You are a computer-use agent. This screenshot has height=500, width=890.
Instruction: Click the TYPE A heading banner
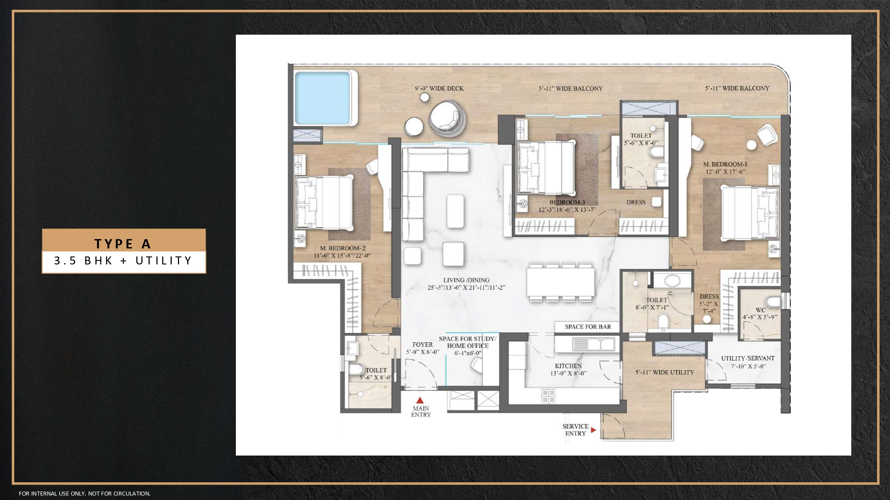[123, 243]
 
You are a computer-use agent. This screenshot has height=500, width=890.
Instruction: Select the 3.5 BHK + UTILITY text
[123, 261]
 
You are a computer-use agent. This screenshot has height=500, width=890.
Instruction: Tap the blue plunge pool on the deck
[323, 97]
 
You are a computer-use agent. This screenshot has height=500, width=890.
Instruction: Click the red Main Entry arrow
[420, 400]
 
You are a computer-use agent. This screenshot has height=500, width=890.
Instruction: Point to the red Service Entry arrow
[593, 430]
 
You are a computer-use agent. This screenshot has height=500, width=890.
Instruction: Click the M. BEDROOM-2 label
[342, 248]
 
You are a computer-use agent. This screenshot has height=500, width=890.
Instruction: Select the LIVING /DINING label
[466, 280]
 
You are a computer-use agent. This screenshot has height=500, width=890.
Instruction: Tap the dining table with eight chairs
[560, 283]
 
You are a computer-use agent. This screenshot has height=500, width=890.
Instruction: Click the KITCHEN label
[568, 366]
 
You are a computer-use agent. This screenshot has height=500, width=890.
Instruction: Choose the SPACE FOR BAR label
[588, 327]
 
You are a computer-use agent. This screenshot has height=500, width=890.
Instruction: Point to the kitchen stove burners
[548, 396]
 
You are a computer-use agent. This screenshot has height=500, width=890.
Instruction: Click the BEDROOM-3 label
[567, 202]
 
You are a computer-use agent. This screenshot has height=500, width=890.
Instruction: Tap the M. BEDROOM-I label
[725, 164]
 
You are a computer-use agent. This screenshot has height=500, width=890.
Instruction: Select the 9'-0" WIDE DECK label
[439, 88]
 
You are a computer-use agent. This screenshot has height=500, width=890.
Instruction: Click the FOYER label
[422, 344]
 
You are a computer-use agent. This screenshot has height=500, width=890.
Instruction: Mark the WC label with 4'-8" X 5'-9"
[760, 310]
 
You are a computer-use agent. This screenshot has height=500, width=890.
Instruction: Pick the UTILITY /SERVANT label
[748, 358]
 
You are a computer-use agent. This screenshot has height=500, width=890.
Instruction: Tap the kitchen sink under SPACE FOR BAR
[594, 344]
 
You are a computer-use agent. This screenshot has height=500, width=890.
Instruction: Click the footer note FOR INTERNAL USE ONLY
[85, 493]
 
